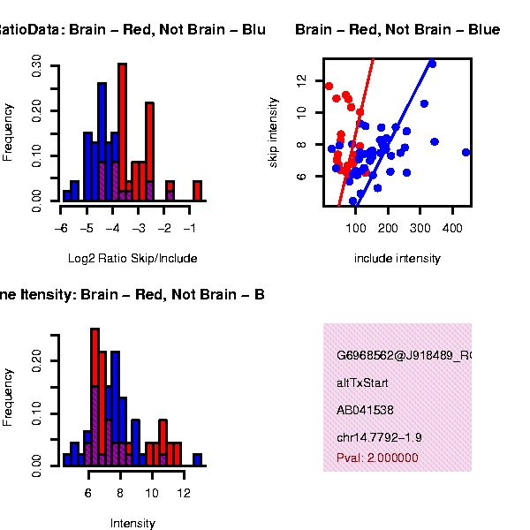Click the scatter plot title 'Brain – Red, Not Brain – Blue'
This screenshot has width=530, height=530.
pyautogui.click(x=397, y=30)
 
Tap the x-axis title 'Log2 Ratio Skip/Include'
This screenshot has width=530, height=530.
pyautogui.click(x=132, y=259)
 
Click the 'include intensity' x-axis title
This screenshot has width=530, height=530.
pyautogui.click(x=397, y=259)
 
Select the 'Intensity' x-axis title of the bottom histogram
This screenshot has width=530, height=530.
pyautogui.click(x=132, y=523)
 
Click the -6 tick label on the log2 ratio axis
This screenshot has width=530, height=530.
pyautogui.click(x=60, y=228)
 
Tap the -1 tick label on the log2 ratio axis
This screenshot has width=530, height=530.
pyautogui.click(x=190, y=228)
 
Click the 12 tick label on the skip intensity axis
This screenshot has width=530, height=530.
pyautogui.click(x=302, y=79)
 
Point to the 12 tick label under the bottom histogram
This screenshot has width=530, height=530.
pyautogui.click(x=183, y=492)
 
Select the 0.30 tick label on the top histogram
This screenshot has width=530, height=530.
pyautogui.click(x=37, y=65)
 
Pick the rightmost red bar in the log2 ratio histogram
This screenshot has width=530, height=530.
pyautogui.click(x=197, y=191)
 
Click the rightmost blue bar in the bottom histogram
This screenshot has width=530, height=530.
pyautogui.click(x=198, y=459)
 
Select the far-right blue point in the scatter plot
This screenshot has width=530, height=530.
pyautogui.click(x=466, y=152)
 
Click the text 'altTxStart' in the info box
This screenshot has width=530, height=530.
pyautogui.click(x=362, y=383)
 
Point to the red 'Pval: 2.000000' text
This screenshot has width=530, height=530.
pyautogui.click(x=377, y=458)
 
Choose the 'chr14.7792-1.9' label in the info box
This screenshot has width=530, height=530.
pyautogui.click(x=379, y=437)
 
